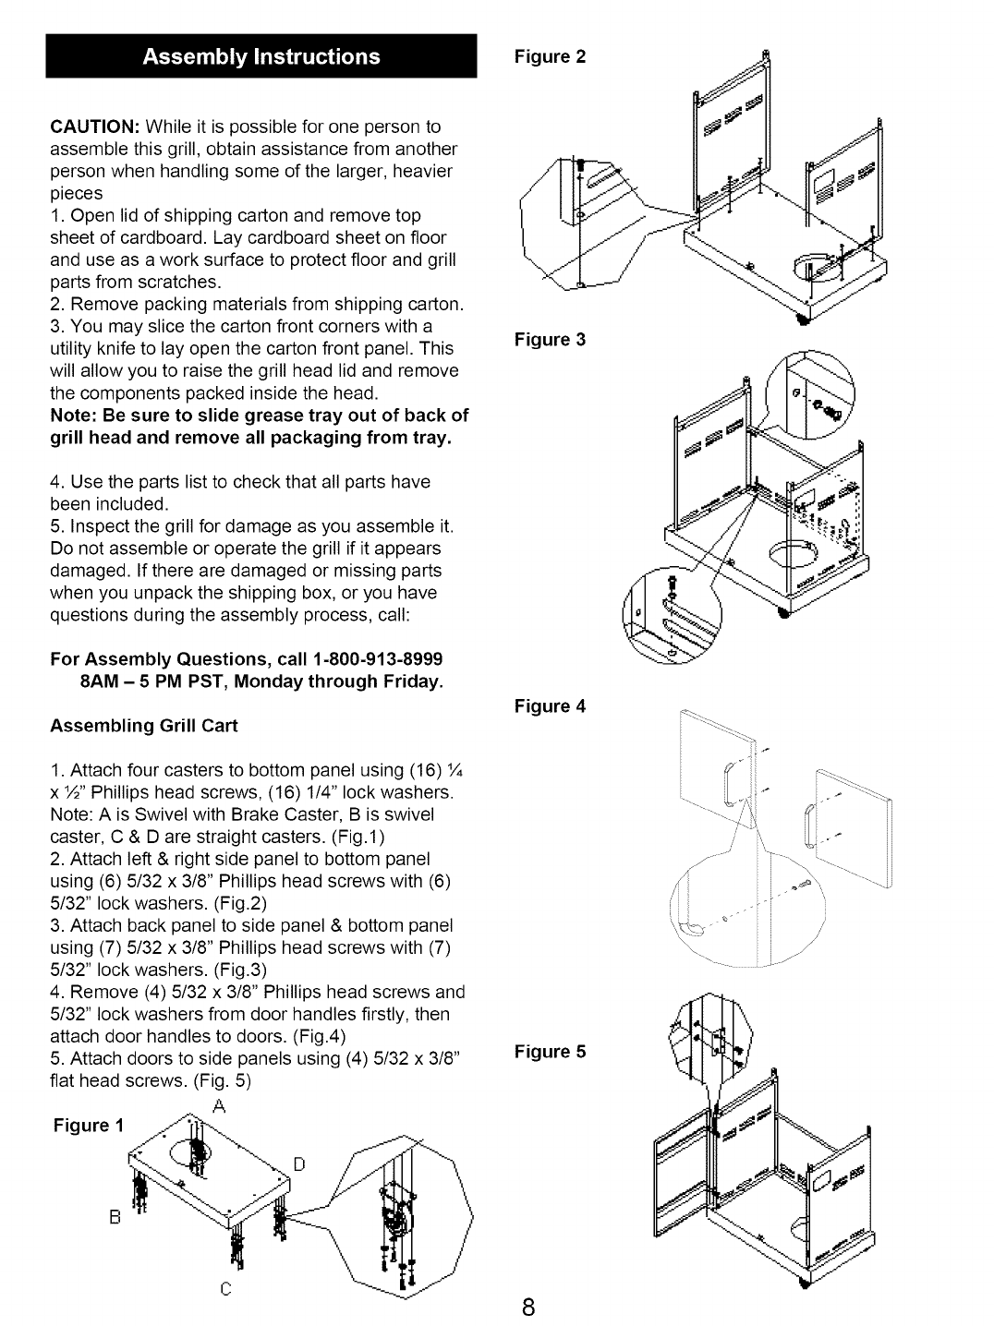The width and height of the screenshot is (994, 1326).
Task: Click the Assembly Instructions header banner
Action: point(261,56)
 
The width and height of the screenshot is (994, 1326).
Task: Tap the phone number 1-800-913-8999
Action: point(378,659)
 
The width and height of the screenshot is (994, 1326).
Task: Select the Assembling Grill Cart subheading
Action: point(143,726)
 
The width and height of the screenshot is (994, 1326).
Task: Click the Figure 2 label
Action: point(550,56)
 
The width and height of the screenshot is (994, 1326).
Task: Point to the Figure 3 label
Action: point(550,339)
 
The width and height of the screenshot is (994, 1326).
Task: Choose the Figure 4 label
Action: point(550,706)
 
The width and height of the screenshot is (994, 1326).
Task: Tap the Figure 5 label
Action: point(550,1051)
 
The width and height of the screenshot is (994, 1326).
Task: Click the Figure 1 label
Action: point(88,1125)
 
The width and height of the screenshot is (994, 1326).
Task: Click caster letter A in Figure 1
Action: point(220,1107)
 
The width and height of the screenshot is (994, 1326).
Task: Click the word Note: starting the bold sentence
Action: point(74,415)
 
